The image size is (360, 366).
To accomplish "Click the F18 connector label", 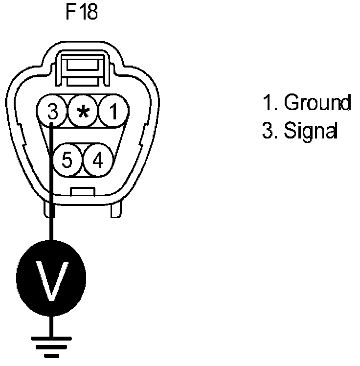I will [x=82, y=12].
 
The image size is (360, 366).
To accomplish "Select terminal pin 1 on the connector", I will [x=113, y=113].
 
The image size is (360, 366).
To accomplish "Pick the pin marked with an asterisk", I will [x=83, y=113].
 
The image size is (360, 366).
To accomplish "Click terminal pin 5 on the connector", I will [x=67, y=160].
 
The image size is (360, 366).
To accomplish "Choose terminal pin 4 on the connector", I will [x=98, y=160].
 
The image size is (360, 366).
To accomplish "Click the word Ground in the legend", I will [x=317, y=103].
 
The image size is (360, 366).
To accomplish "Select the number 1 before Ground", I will [x=267, y=103].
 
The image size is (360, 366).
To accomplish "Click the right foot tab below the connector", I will [x=116, y=210].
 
